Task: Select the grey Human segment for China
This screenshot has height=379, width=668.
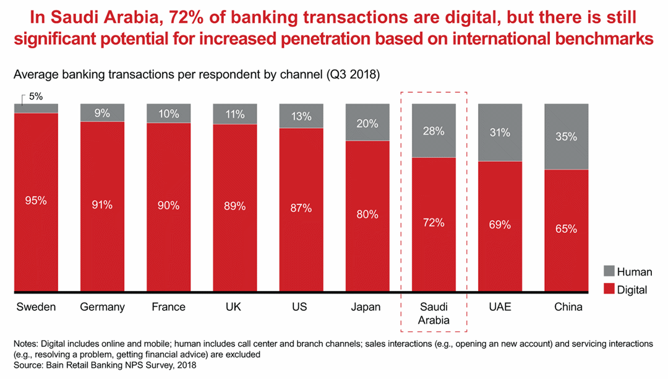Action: (566, 136)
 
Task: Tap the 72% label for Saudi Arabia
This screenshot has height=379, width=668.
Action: (434, 222)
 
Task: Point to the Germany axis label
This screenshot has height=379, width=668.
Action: (102, 307)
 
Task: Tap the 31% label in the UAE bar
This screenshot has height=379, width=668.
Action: (500, 132)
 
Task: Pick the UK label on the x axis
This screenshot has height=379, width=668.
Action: (234, 307)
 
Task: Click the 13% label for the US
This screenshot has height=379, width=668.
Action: (301, 116)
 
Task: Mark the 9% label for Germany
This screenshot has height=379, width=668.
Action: (102, 113)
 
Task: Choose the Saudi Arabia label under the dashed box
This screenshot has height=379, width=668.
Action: (434, 313)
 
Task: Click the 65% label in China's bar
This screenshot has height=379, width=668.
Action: (566, 229)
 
